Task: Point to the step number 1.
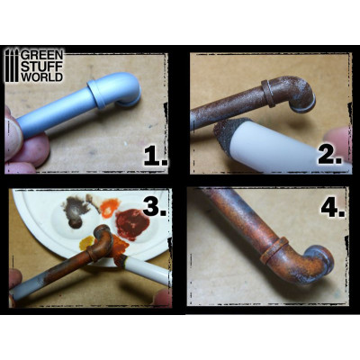tap(155, 158)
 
